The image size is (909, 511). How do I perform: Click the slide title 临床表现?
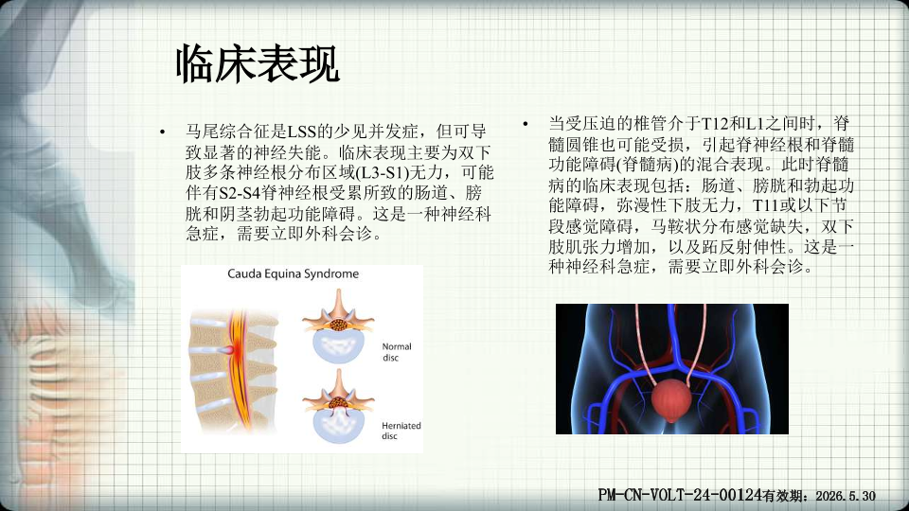[x=258, y=63]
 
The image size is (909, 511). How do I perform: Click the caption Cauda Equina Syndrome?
[x=293, y=274]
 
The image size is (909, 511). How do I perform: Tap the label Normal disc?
[x=397, y=352]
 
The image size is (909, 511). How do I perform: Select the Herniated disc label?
[x=401, y=431]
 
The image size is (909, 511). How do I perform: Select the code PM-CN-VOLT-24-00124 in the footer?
[x=680, y=495]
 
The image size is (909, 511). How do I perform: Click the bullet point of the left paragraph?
[x=163, y=132]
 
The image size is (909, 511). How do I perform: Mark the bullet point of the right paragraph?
[x=526, y=124]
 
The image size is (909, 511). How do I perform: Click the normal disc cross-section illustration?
[x=339, y=326]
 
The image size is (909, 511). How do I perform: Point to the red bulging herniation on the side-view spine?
[x=226, y=350]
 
